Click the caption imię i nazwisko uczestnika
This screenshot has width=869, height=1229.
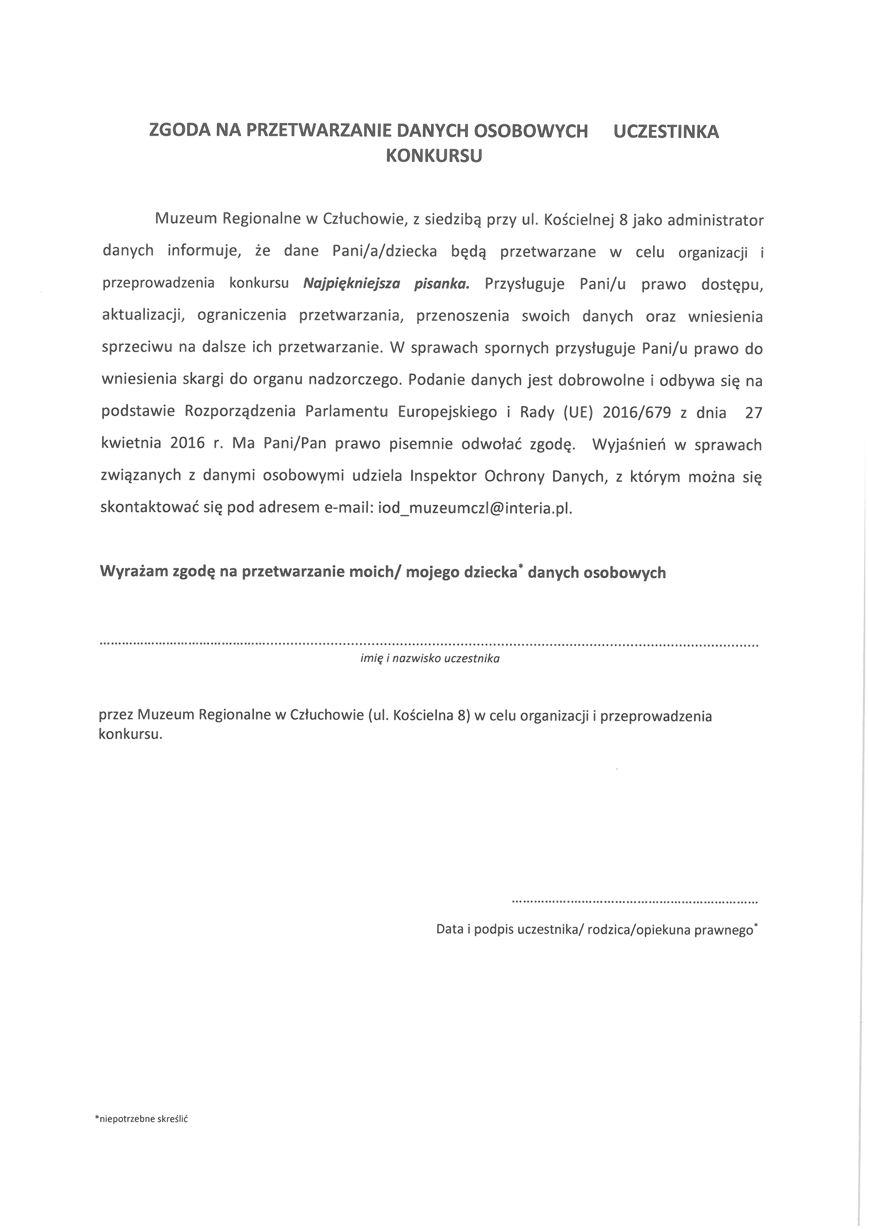click(x=430, y=659)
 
